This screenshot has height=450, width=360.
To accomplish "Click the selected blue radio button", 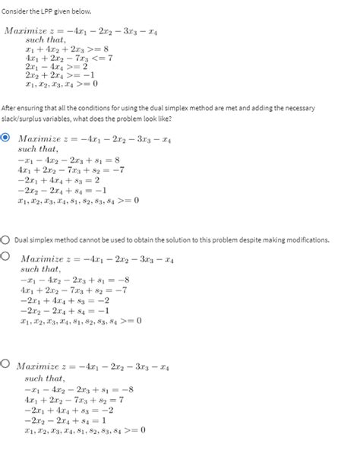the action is (7, 138).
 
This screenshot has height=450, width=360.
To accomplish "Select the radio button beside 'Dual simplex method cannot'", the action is (5, 240).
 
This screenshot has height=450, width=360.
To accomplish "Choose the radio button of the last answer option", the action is (5, 364).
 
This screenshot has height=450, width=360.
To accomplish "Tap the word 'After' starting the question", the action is (11, 108).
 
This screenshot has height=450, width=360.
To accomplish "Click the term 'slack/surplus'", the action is (23, 118).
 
